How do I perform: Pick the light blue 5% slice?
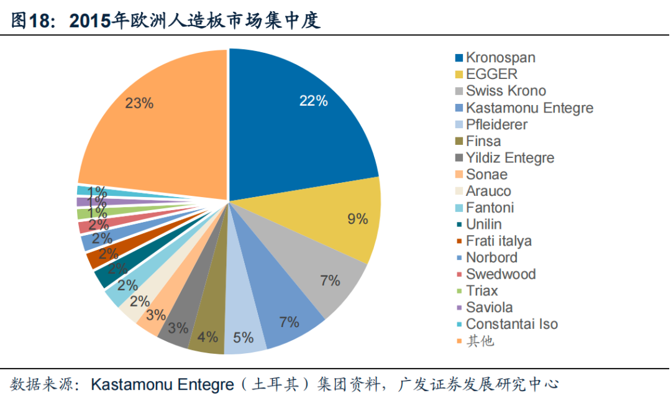click(244, 330)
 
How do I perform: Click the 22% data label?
click(313, 101)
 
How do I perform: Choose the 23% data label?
click(139, 103)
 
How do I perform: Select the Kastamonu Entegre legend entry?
click(529, 108)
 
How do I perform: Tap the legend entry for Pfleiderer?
click(496, 124)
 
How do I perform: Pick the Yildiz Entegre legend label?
click(509, 158)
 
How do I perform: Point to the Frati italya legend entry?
click(498, 241)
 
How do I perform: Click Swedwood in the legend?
click(500, 274)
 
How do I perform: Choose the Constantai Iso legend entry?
click(511, 324)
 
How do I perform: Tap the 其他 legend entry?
click(480, 341)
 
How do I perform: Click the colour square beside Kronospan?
click(459, 58)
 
